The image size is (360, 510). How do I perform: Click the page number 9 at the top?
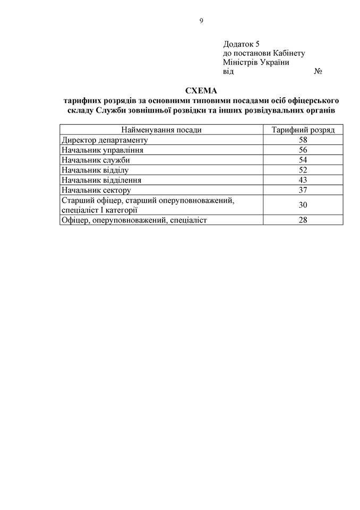point(201,21)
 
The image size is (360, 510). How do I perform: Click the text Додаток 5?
point(242,44)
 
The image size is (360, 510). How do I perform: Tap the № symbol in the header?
point(319,71)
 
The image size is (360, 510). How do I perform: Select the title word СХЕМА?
point(201,90)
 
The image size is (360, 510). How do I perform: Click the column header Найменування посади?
point(161,130)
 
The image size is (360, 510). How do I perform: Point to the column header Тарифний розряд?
point(303,130)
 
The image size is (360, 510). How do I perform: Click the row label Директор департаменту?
point(104,140)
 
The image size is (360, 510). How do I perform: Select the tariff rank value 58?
point(303,140)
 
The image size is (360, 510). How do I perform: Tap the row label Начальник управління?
point(102,150)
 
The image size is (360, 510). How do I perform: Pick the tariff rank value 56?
point(303,150)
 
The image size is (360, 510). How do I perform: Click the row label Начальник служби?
point(96,160)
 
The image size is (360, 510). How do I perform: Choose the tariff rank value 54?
point(303,160)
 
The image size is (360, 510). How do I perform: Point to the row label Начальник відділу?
point(96,170)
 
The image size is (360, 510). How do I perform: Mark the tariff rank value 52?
point(303,170)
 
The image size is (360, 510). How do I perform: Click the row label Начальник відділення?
point(101,180)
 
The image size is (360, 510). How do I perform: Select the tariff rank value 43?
point(303,180)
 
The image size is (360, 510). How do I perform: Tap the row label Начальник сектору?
point(96,190)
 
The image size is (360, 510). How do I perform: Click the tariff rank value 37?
point(303,190)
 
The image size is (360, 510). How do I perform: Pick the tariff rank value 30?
point(303,205)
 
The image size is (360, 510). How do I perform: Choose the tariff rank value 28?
point(303,220)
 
